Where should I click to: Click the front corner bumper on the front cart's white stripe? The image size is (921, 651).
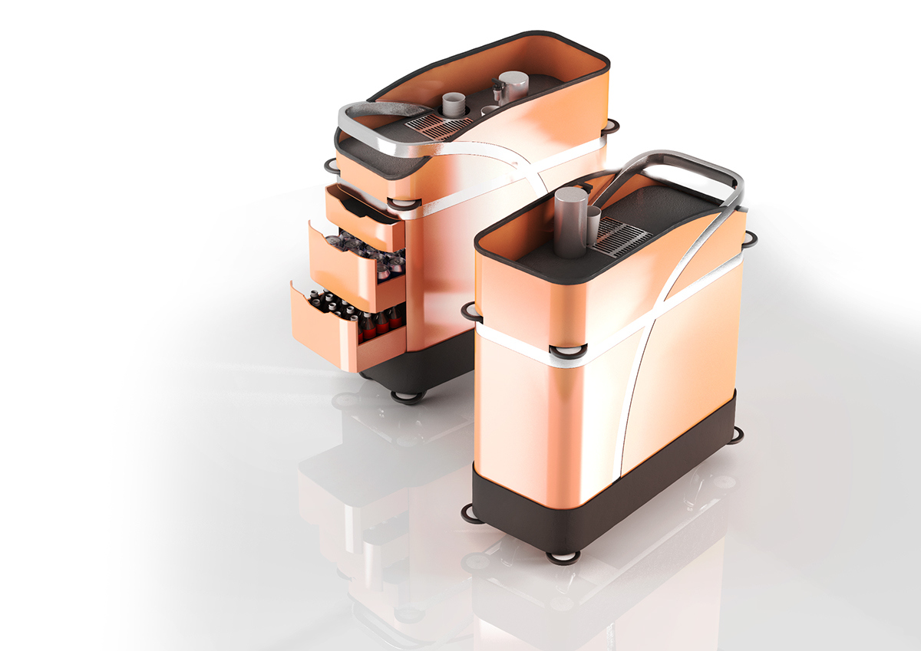(x=569, y=351)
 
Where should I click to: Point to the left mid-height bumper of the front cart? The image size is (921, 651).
(x=470, y=309)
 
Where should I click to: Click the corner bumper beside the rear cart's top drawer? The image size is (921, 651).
(x=406, y=202)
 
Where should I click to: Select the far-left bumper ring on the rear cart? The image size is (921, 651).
(x=330, y=164)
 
